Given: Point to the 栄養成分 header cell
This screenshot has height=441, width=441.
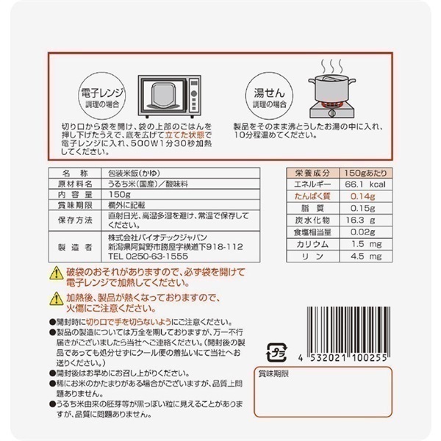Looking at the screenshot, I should pyautogui.click(x=303, y=171).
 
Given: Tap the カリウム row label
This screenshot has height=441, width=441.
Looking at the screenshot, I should pyautogui.click(x=303, y=242).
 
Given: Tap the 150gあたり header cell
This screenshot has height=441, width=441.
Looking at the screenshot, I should pyautogui.click(x=356, y=171).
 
